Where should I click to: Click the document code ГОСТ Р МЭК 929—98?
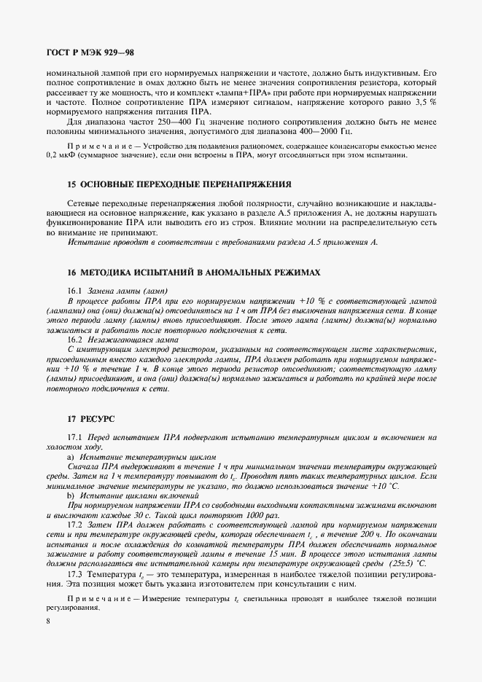[90, 53]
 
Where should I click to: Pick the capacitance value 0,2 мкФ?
[59, 157]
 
